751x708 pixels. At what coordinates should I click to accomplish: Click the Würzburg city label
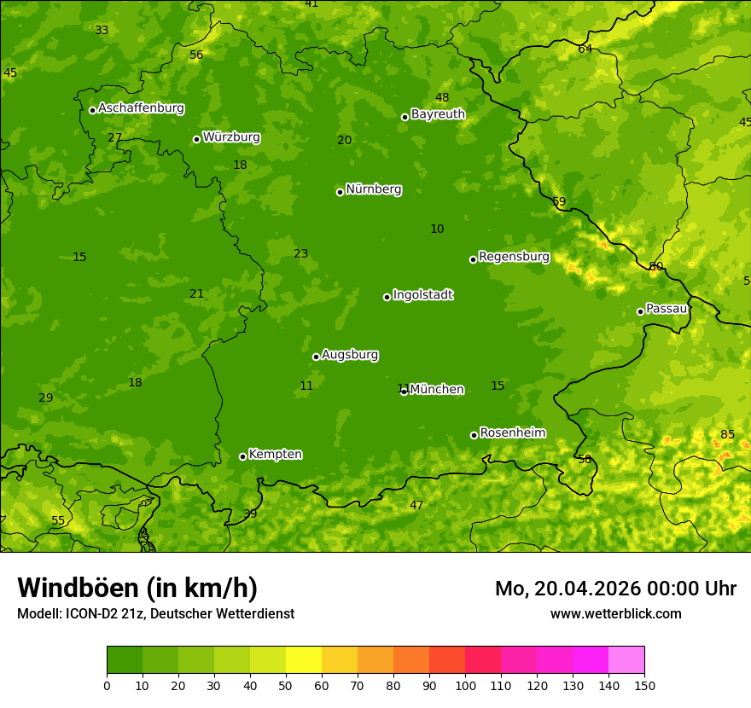[x=231, y=137]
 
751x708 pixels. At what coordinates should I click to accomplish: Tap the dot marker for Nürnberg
[x=340, y=192]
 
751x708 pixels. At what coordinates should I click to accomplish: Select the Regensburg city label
[x=514, y=257]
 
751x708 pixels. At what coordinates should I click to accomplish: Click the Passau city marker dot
[x=640, y=311]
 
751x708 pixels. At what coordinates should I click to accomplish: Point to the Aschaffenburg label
[x=141, y=108]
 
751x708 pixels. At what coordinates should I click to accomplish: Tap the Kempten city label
[x=275, y=455]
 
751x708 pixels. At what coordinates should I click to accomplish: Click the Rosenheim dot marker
[x=474, y=435]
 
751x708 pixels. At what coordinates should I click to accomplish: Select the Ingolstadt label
[x=422, y=295]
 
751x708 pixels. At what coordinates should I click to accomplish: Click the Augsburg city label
[x=350, y=355]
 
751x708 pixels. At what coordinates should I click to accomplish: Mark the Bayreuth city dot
[x=405, y=117]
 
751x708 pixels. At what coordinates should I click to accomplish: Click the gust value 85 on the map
[x=727, y=434]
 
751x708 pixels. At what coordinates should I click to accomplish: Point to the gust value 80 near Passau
[x=655, y=266]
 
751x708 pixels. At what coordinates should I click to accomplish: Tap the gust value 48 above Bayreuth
[x=442, y=97]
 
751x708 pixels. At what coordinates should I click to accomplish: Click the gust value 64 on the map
[x=585, y=49]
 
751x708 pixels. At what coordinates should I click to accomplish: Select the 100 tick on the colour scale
[x=465, y=685]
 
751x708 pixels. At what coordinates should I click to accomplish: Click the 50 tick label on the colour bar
[x=286, y=685]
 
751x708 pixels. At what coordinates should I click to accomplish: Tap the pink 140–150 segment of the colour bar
[x=626, y=660]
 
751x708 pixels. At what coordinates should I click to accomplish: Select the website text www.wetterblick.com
[x=615, y=613]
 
